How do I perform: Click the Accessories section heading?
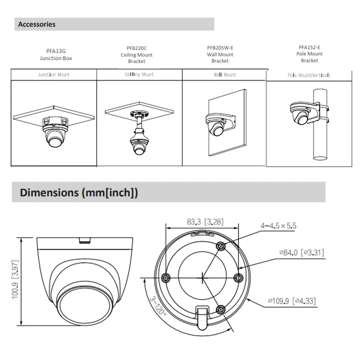(x=36, y=24)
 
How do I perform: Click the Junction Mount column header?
(x=54, y=75)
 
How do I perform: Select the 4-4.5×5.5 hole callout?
(x=279, y=226)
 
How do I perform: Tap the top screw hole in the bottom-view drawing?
(x=221, y=246)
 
